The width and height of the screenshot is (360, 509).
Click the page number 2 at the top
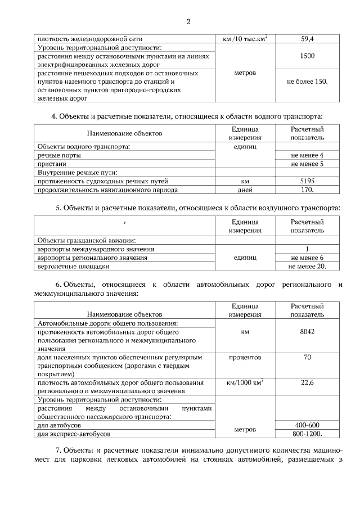[188, 22]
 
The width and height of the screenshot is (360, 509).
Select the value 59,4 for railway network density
[307, 39]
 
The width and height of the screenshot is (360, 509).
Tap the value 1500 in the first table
[307, 56]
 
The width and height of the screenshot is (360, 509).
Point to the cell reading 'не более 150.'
[307, 82]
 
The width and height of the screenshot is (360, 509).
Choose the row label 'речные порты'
[59, 155]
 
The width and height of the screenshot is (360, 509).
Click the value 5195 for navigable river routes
[307, 181]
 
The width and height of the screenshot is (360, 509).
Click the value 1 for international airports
[307, 249]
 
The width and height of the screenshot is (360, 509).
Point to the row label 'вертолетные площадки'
[73, 266]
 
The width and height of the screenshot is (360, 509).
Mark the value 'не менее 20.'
[307, 266]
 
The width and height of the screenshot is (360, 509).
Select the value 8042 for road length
[307, 332]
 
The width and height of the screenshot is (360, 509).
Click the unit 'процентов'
[245, 357]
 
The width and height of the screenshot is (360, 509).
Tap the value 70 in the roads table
[307, 357]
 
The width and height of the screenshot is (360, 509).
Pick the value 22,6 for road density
[307, 382]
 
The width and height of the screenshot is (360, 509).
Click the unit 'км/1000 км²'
[245, 382]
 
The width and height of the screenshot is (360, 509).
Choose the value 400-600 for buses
[307, 425]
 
